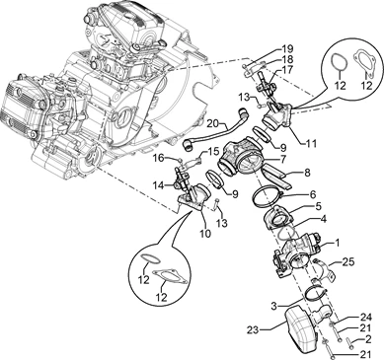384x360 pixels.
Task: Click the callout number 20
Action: tap(214, 123)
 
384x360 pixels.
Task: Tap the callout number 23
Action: tap(255, 329)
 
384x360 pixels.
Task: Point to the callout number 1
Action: tap(337, 243)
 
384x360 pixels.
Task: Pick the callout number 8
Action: tap(307, 173)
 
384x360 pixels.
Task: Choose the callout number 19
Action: tap(287, 50)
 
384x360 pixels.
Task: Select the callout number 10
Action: tap(204, 233)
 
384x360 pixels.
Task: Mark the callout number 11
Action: tap(310, 144)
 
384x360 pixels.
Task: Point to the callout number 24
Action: tap(365, 318)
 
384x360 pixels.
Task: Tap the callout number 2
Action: tap(368, 340)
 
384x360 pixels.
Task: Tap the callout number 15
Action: tap(213, 152)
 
